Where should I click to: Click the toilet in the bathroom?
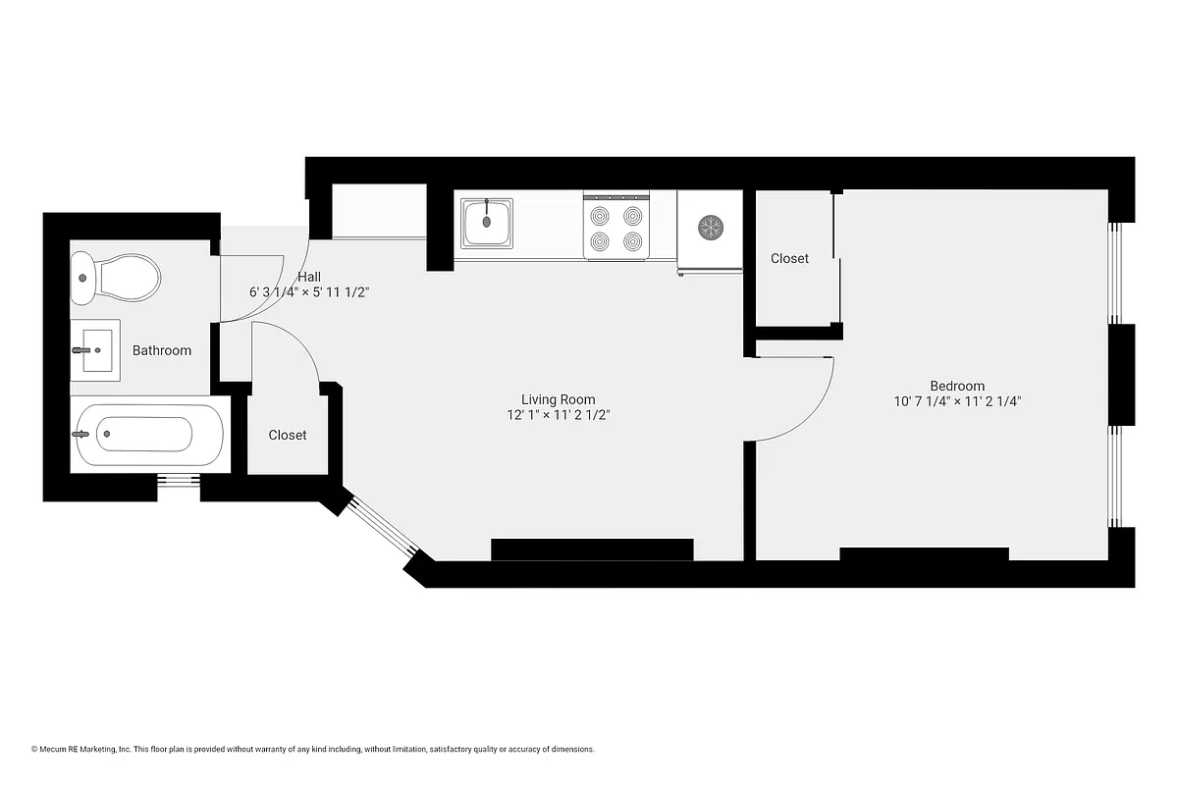tap(116, 278)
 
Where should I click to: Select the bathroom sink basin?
tap(96, 348)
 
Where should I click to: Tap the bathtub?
tap(147, 435)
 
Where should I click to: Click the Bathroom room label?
tap(162, 350)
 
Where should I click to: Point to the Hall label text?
tap(309, 277)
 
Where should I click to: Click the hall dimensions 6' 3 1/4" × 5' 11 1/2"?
tap(309, 292)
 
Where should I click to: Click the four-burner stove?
tap(616, 227)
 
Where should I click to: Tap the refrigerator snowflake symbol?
tap(710, 228)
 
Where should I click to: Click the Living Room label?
tap(558, 399)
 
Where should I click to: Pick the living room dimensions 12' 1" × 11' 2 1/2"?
tap(558, 415)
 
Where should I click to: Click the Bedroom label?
tap(957, 386)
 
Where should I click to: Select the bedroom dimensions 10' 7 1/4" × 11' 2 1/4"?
tap(957, 401)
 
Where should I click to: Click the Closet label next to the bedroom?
tap(789, 258)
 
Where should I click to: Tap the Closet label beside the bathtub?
tap(287, 435)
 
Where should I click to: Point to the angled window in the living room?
tap(382, 530)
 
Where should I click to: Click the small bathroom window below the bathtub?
tap(179, 481)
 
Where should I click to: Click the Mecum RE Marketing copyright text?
tap(313, 749)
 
